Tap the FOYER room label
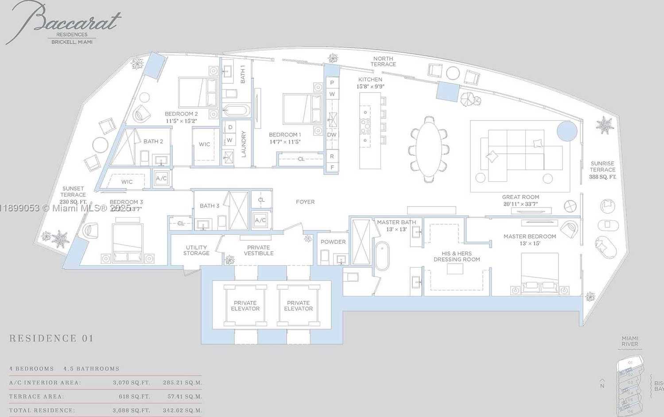point(305,202)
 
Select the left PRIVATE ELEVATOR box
point(245,306)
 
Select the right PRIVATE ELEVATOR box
point(298,306)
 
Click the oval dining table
point(429,149)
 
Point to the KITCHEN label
point(370,80)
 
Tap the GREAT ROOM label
point(520,197)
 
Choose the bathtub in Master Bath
point(382,256)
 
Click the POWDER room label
point(333,242)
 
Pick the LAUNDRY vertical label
point(244,144)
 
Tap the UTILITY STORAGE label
point(196,250)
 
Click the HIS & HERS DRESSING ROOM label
point(457,257)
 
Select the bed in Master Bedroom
point(540,273)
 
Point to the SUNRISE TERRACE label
point(602,167)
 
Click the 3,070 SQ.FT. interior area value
point(132,382)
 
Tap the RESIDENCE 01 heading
point(51,339)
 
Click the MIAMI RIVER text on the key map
point(629,341)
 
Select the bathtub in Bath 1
point(236,110)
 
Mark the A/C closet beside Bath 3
point(260,220)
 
